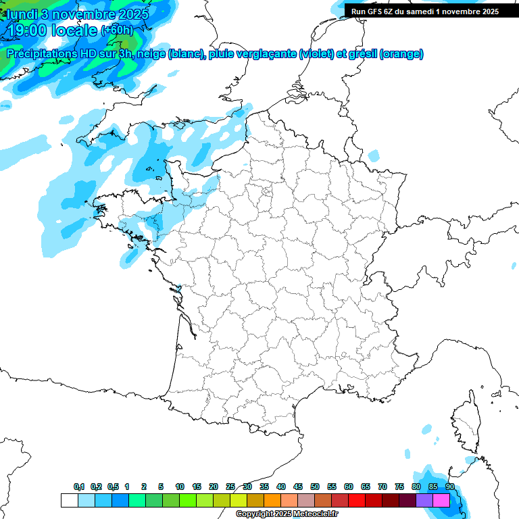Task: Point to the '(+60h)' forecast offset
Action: [117, 30]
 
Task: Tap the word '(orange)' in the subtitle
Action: [401, 53]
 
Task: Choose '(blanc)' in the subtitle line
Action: [186, 53]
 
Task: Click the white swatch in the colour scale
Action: [69, 500]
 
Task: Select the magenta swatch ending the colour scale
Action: [441, 500]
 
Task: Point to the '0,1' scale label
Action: [79, 487]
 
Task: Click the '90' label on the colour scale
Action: [450, 487]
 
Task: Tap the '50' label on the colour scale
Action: [315, 487]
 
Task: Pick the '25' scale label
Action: [230, 487]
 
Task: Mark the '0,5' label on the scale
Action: [114, 487]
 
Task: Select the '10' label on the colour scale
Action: [180, 487]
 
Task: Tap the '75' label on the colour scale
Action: [399, 487]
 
